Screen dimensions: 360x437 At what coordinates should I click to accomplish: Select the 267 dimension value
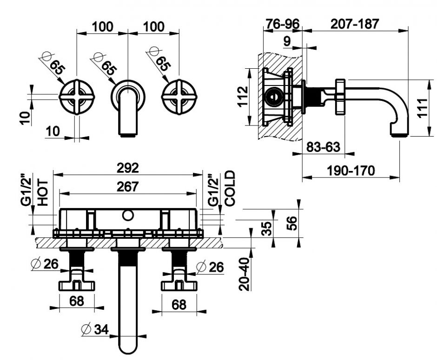(127, 186)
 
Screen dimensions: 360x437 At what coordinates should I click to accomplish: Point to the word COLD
(230, 188)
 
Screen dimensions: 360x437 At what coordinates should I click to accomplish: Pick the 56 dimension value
(291, 222)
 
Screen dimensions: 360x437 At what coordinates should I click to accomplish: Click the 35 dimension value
(265, 228)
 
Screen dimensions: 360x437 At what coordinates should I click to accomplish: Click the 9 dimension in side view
(287, 41)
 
